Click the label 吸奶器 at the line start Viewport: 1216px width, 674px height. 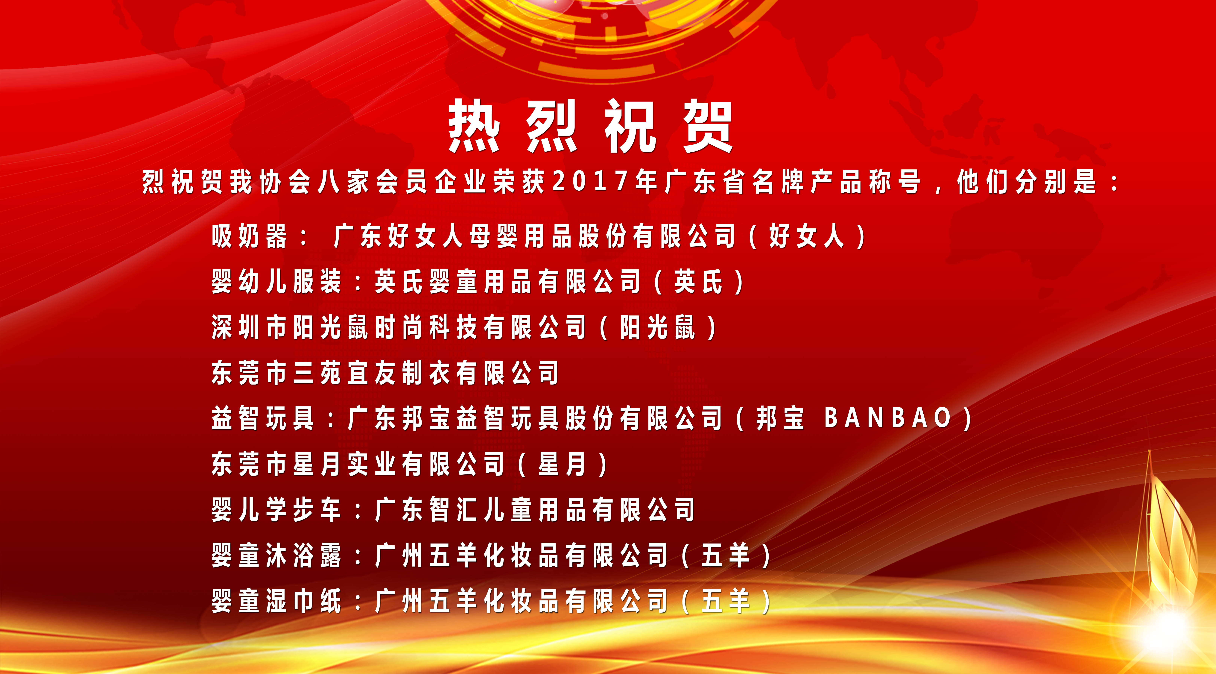pyautogui.click(x=249, y=236)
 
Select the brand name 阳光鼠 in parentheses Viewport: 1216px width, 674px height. pyautogui.click(x=658, y=327)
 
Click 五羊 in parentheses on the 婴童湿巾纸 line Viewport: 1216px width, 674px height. pyautogui.click(x=726, y=601)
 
